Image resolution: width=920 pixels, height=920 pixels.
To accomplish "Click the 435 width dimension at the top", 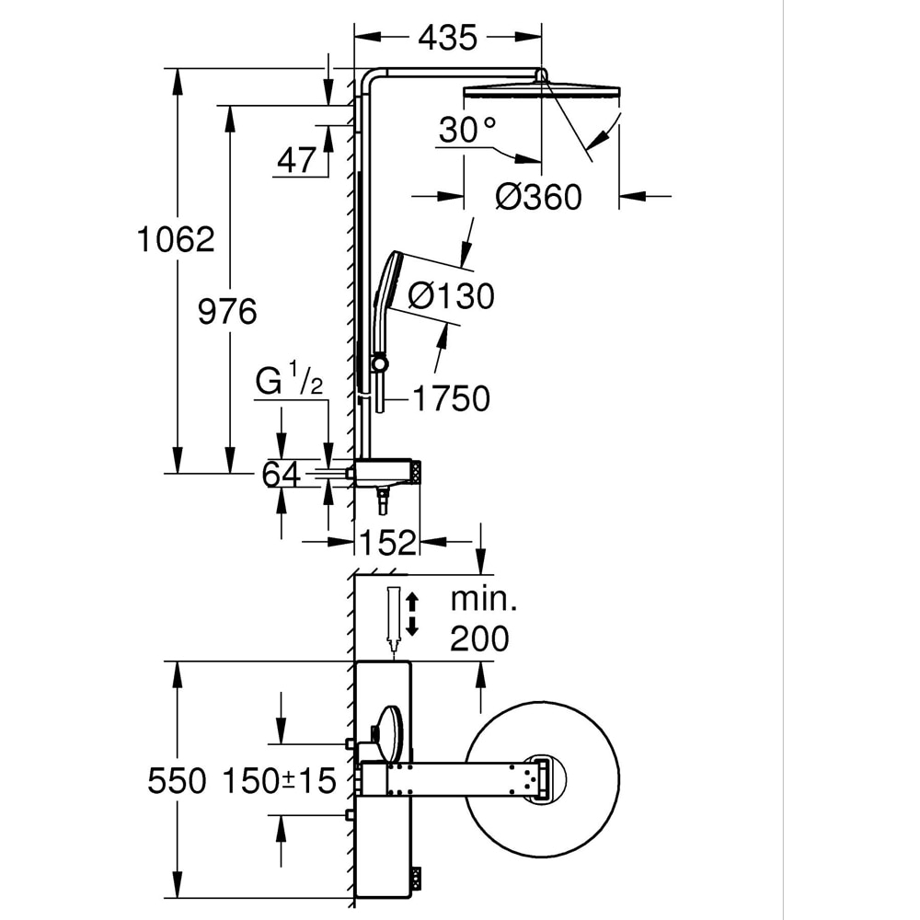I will pyautogui.click(x=447, y=38).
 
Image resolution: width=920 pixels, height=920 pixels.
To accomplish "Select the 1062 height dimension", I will pyautogui.click(x=176, y=239).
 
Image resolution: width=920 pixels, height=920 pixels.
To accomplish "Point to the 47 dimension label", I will pyautogui.click(x=296, y=161).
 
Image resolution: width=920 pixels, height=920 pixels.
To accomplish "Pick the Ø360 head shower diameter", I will pyautogui.click(x=539, y=196).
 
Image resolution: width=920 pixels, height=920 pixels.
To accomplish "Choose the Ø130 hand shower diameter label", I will pyautogui.click(x=451, y=295).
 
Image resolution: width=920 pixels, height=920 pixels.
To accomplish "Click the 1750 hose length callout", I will pyautogui.click(x=451, y=398).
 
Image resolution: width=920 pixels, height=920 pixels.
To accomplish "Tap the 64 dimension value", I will pyautogui.click(x=282, y=475).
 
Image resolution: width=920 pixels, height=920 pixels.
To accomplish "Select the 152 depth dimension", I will pyautogui.click(x=387, y=543).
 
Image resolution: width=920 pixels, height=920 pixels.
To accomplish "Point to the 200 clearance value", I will pyautogui.click(x=479, y=638).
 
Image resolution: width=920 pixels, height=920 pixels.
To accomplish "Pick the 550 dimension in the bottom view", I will pyautogui.click(x=177, y=781).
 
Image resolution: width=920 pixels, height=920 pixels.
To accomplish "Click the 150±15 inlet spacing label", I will pyautogui.click(x=279, y=781).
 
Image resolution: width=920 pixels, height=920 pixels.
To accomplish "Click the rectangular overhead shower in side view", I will pyautogui.click(x=542, y=91).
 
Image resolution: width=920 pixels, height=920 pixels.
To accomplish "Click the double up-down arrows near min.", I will pyautogui.click(x=412, y=615).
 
